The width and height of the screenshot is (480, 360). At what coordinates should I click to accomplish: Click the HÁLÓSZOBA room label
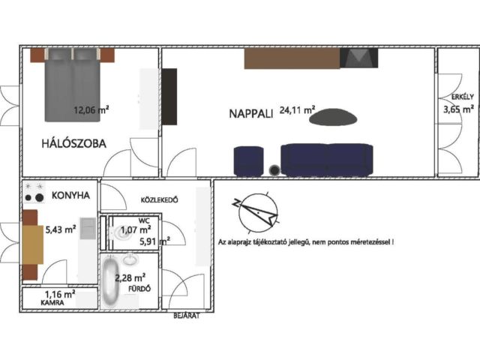coord(73,143)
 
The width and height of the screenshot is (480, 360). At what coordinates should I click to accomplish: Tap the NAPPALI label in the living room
coord(251,114)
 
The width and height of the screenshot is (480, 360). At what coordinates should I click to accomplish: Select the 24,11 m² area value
coord(297,110)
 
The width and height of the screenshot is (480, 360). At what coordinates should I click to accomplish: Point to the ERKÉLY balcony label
coord(463,97)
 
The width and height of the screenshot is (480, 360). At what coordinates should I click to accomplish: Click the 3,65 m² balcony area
coord(458,109)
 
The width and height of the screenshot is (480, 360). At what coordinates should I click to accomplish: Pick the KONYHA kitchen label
coord(70,195)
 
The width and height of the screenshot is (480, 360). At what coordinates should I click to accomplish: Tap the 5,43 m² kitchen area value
coord(61,229)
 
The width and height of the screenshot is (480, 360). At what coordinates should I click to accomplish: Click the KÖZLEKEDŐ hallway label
coord(159,200)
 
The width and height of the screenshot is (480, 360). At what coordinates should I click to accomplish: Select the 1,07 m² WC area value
coord(135,229)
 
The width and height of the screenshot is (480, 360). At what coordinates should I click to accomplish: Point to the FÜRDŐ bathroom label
coord(139,288)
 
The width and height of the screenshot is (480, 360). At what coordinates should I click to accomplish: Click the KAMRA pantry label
coord(52,303)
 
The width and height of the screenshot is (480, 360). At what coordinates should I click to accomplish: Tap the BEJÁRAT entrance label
coord(187,316)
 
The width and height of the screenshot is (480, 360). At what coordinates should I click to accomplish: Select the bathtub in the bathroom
coord(110,282)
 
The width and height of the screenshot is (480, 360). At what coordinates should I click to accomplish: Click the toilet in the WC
coord(116,233)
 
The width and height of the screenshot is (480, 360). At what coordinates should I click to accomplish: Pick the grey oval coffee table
coord(333,117)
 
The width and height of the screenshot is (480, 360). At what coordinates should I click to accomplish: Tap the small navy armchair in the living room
coord(248,161)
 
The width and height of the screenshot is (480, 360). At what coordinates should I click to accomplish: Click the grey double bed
coord(73,85)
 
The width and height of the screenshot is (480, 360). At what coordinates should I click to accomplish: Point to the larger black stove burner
coord(39,198)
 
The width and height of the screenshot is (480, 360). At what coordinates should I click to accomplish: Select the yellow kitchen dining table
coord(32,244)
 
